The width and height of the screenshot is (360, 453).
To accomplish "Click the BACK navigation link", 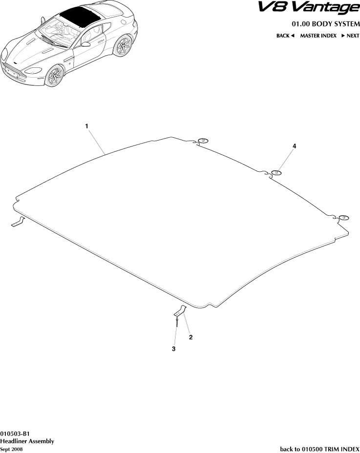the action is [285, 36].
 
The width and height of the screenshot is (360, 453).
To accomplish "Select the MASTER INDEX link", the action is [318, 36].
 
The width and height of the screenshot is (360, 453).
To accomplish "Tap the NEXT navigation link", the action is [350, 36].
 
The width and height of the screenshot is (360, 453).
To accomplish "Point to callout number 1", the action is [86, 126].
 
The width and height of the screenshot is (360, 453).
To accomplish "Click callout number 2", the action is [191, 337].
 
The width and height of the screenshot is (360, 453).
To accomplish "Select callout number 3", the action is [173, 349].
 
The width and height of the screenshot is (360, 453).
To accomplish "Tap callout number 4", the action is [295, 146].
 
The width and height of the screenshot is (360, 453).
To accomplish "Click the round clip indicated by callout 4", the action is [277, 173].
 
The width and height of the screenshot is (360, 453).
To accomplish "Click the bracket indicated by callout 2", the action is [180, 311].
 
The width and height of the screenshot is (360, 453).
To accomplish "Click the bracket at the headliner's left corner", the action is [18, 222].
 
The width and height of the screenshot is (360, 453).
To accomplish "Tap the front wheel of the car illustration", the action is [55, 76].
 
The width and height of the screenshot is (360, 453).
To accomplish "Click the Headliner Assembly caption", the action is [27, 441].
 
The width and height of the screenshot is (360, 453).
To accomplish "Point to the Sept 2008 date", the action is [11, 449].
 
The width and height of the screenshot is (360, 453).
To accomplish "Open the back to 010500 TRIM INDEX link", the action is [319, 449].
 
